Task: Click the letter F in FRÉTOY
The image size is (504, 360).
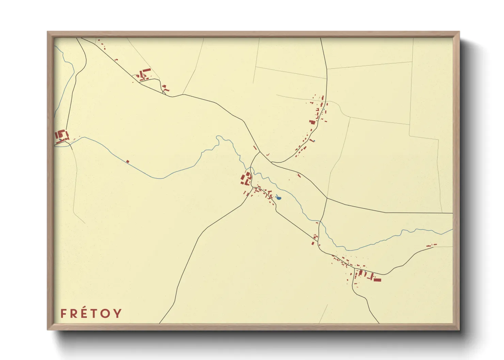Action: point(63,313)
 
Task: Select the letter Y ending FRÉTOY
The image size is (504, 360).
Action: point(117,313)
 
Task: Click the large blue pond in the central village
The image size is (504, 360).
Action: point(278,197)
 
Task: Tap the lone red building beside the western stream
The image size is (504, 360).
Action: point(128,161)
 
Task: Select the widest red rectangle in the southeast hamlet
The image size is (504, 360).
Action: point(377,280)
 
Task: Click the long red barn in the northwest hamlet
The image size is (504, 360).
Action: point(146,70)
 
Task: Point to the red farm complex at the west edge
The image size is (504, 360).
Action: point(61,135)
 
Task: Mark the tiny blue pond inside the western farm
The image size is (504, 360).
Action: point(61,139)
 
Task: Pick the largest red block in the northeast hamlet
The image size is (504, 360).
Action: point(312,122)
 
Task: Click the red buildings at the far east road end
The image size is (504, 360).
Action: point(431,245)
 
